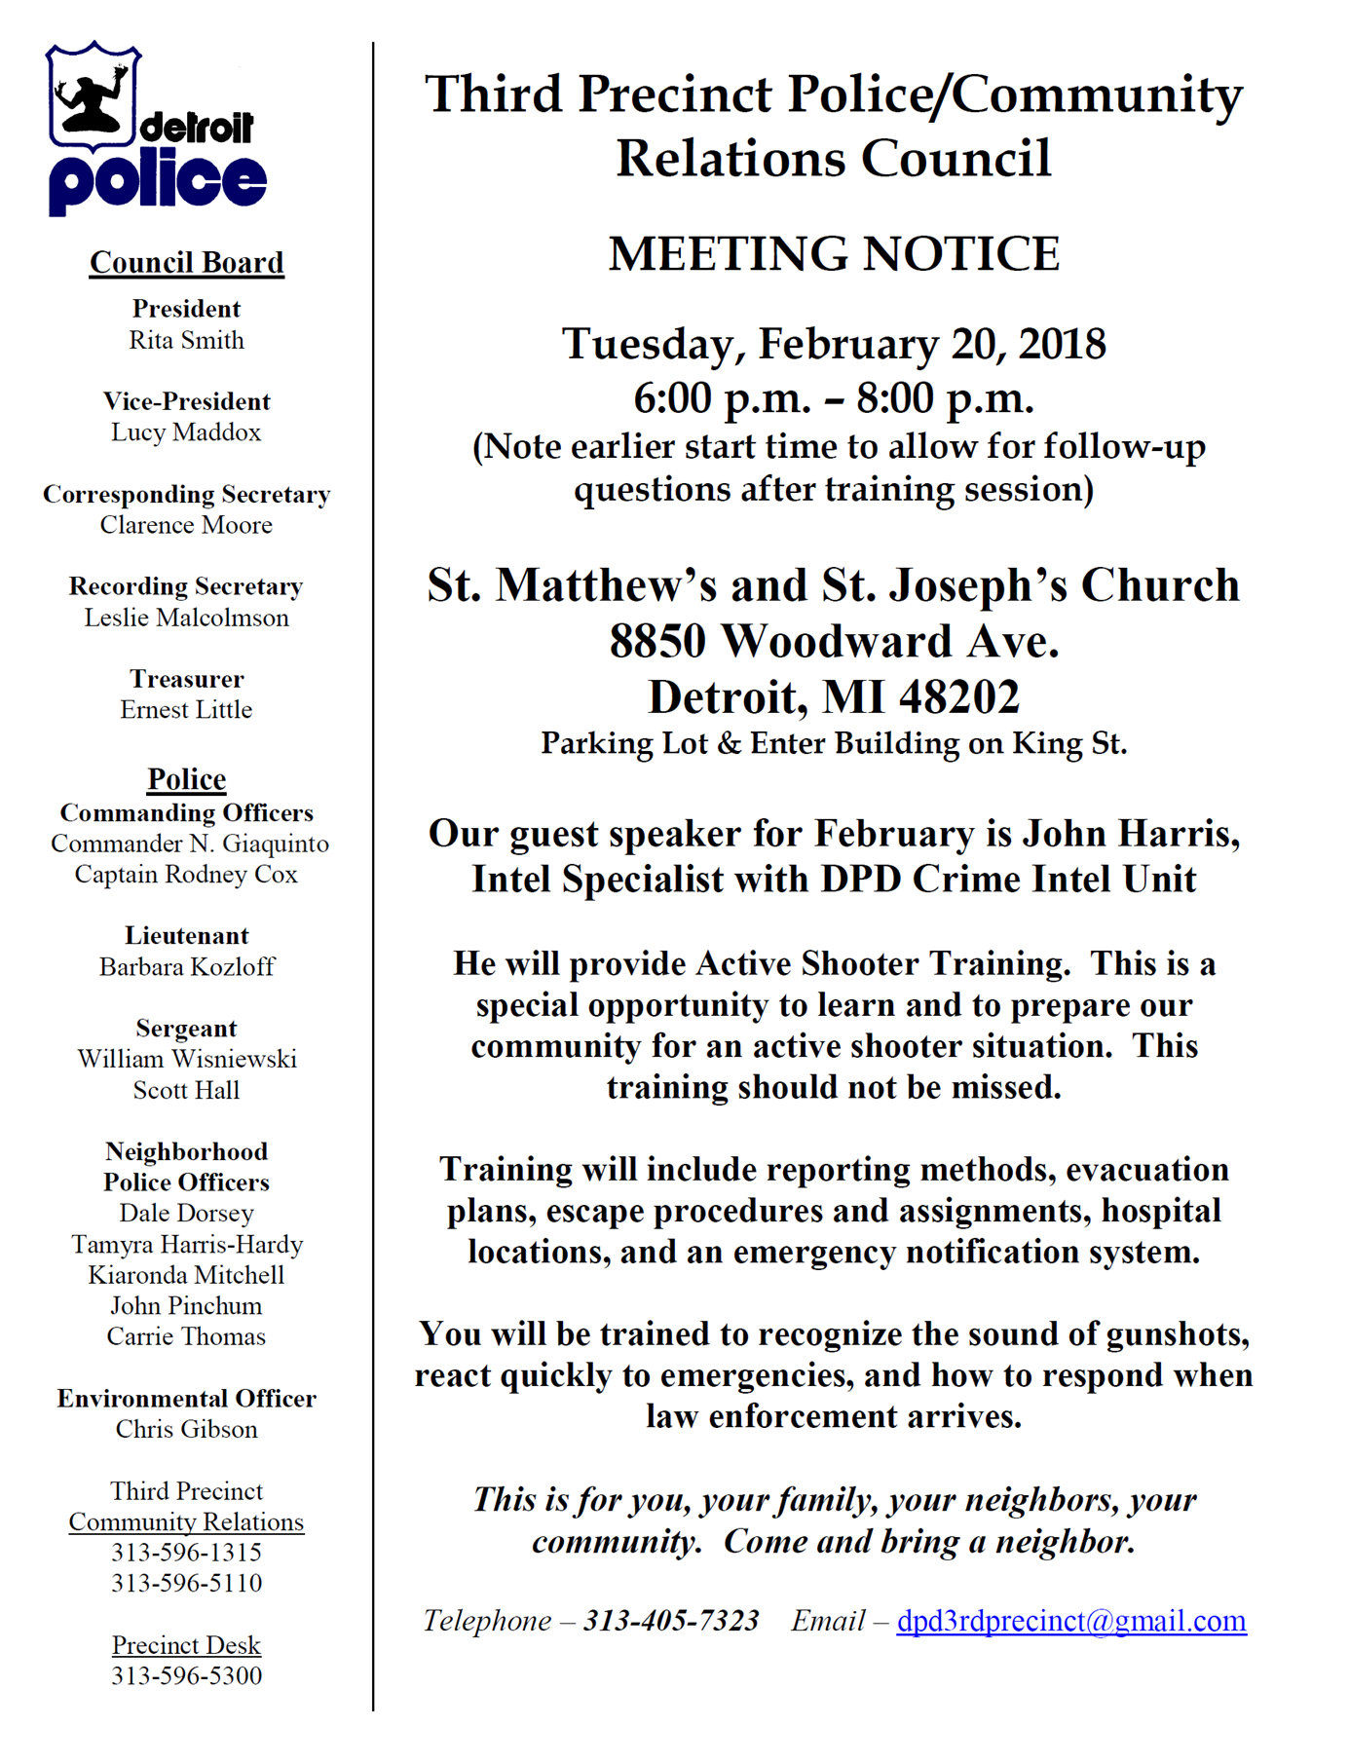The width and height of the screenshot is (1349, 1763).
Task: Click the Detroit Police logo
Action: [x=156, y=129]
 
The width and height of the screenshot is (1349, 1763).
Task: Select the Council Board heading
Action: [x=186, y=263]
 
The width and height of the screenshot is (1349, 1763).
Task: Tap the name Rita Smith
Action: [x=186, y=341]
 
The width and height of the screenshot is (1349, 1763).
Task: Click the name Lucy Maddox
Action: [x=186, y=432]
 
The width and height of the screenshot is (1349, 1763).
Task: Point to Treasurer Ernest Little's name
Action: [x=186, y=710]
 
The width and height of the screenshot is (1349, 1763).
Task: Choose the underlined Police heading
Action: [x=186, y=779]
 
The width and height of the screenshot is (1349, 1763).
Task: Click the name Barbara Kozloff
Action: [x=186, y=967]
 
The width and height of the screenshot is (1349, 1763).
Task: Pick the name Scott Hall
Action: [x=186, y=1091]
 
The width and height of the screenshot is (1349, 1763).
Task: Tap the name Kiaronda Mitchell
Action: [x=186, y=1276]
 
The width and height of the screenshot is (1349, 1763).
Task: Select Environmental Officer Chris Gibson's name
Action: [x=186, y=1430]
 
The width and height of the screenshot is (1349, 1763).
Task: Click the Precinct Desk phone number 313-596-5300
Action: [x=186, y=1676]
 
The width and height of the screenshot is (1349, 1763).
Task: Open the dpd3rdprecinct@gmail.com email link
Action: [x=1070, y=1621]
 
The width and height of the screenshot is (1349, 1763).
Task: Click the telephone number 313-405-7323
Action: [x=671, y=1621]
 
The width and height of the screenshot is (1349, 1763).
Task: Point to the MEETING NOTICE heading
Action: [x=834, y=254]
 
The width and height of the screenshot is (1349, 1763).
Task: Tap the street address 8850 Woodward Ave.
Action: [x=834, y=642]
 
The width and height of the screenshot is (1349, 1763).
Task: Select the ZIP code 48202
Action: [x=959, y=697]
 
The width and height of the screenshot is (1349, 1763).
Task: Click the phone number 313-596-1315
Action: [x=186, y=1553]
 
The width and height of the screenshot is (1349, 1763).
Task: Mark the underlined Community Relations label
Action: [x=186, y=1522]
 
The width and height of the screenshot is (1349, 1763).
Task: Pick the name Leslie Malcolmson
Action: [x=186, y=619]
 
